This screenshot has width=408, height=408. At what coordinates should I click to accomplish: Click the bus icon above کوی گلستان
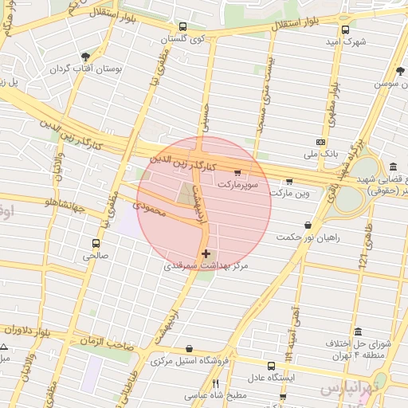click(182, 26)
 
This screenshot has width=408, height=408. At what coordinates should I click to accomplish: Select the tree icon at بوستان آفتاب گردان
click(85, 57)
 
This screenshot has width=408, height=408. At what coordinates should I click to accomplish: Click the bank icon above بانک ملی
click(320, 141)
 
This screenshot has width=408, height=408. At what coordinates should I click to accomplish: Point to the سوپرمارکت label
click(238, 182)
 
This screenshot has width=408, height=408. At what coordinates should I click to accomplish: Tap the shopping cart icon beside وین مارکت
click(288, 181)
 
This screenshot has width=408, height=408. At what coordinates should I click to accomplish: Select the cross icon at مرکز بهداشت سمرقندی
click(206, 253)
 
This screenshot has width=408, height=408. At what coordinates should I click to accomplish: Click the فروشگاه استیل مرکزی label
click(186, 361)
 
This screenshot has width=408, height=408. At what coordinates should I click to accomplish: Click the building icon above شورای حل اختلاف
click(358, 331)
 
